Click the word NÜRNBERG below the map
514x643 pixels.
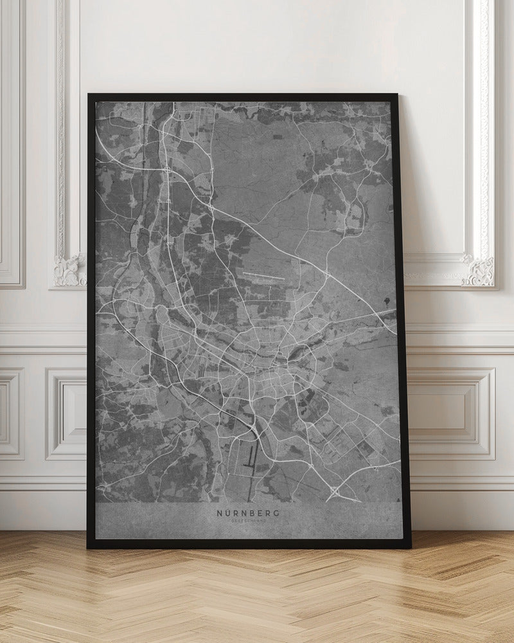pyautogui.click(x=248, y=513)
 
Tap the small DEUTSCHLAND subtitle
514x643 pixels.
pyautogui.click(x=248, y=521)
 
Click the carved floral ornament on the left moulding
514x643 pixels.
pyautogui.click(x=69, y=269)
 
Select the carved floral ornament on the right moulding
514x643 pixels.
pyautogui.click(x=479, y=269)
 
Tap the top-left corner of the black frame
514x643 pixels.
pyautogui.click(x=89, y=95)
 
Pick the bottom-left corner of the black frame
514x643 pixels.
pyautogui.click(x=89, y=548)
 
